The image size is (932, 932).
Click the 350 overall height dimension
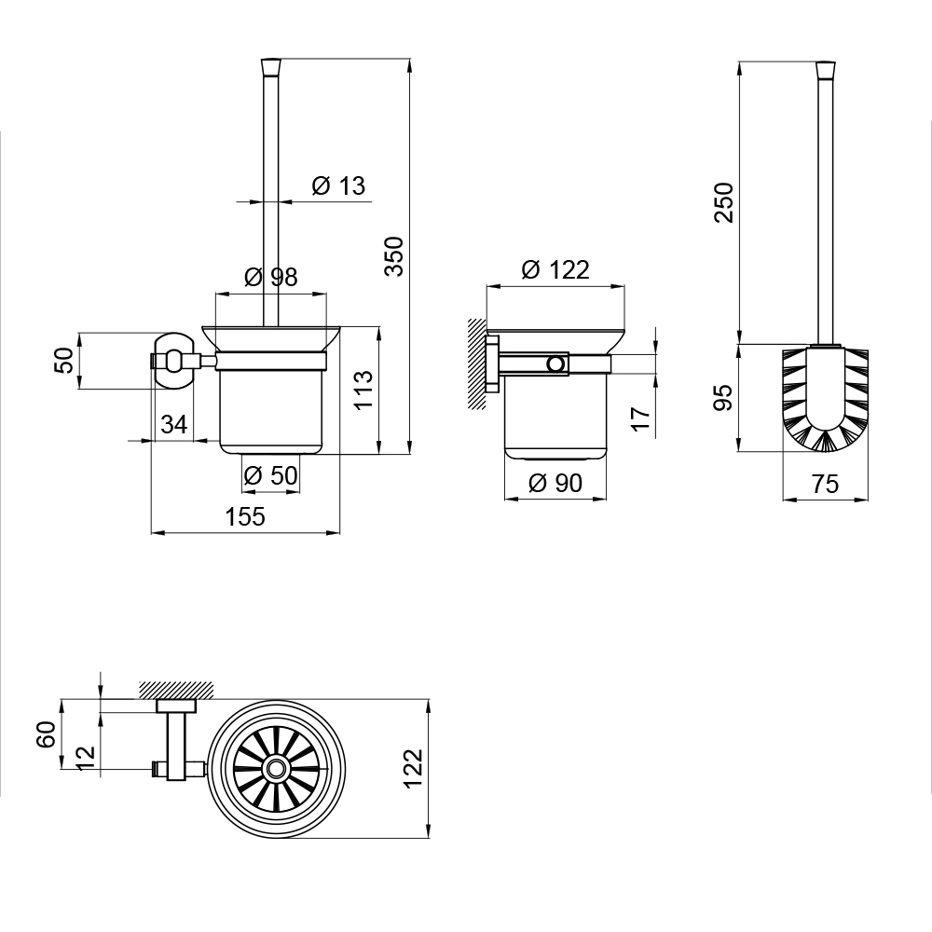click(393, 256)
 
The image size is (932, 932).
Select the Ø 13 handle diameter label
click(339, 185)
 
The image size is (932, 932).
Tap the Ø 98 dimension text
click(271, 277)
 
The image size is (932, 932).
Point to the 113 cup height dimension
click(363, 390)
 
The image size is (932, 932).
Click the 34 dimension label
click(174, 424)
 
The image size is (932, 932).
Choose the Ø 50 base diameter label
click(270, 475)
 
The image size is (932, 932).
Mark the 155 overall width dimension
click(245, 516)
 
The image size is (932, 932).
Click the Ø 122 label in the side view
click(555, 270)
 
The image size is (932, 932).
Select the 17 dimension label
click(641, 419)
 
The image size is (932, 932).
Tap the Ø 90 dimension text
click(555, 483)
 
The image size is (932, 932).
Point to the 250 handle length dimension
click(723, 202)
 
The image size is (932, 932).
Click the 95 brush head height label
click(723, 398)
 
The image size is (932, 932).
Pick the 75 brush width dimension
click(826, 484)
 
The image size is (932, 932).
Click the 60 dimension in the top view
click(47, 734)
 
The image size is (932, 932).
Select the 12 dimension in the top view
click(86, 758)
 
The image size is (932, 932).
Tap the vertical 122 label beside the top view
click(413, 769)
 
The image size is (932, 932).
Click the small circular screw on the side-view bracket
click(556, 363)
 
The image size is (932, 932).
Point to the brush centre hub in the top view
click(275, 769)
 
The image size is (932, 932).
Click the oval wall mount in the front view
click(174, 361)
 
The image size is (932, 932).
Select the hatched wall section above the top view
click(176, 690)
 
